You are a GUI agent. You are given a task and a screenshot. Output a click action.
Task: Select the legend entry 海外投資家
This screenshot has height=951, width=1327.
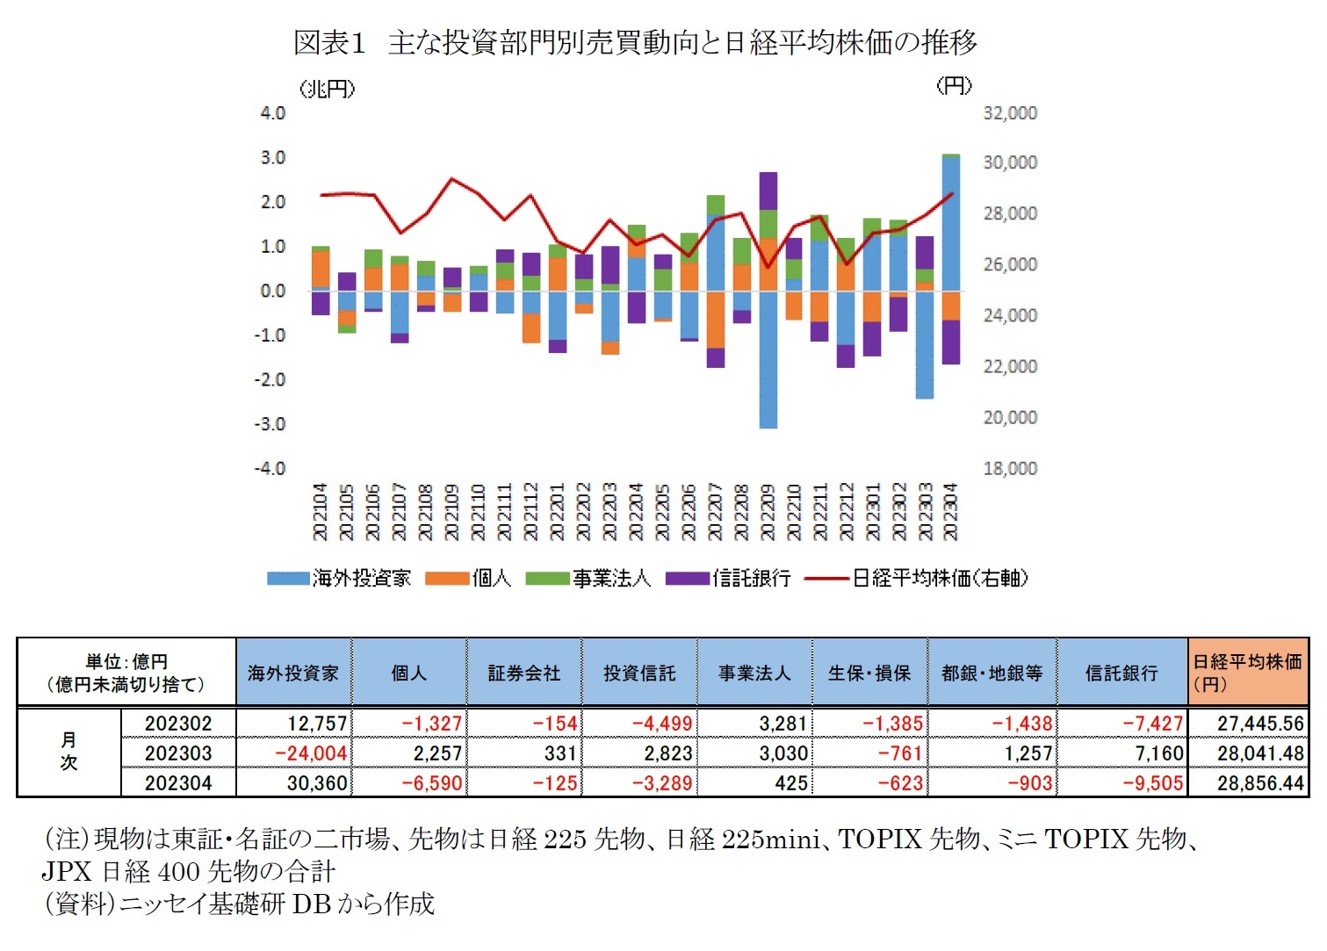tap(339, 578)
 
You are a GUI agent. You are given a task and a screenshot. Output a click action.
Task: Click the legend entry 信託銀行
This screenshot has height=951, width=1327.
tap(728, 578)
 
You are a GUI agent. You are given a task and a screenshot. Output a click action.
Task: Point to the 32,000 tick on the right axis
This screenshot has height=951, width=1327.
tap(1009, 113)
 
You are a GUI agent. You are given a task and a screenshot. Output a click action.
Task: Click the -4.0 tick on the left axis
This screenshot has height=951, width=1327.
tap(270, 468)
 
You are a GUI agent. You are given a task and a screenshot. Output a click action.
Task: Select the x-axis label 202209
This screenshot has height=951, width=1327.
tap(767, 512)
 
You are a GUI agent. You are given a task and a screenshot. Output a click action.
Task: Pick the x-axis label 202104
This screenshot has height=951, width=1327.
tap(320, 512)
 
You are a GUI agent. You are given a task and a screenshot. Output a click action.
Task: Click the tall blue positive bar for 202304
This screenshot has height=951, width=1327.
tap(950, 224)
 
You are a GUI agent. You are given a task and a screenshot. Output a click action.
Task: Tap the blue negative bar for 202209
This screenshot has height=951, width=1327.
tap(768, 360)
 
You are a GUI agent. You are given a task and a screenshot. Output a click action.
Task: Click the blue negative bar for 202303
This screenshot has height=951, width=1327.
tap(924, 344)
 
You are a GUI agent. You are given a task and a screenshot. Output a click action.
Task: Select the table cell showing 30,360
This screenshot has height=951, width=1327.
tap(317, 782)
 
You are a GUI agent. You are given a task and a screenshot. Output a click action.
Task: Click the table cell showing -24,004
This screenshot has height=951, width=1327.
tap(311, 753)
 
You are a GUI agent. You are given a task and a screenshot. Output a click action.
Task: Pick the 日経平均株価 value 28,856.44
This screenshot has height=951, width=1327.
tap(1259, 782)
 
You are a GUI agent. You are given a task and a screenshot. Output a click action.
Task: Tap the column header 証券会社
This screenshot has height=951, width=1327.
tap(523, 674)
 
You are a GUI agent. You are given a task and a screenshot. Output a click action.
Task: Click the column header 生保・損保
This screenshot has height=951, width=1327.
tap(869, 674)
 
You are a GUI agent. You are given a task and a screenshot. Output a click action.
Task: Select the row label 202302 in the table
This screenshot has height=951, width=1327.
tap(178, 724)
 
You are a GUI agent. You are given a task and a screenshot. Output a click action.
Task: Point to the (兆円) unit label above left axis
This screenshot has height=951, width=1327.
tap(327, 89)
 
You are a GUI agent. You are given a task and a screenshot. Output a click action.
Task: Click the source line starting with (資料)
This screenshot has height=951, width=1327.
tap(239, 904)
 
